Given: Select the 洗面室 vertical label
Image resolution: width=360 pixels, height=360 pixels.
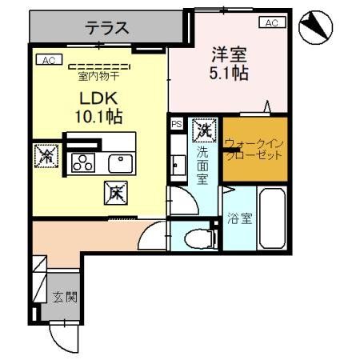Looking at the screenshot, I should (204, 165).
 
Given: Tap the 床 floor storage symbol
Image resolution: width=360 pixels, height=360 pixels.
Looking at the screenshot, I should (115, 192).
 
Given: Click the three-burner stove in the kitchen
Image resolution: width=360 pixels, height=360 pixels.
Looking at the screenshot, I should (82, 162).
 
